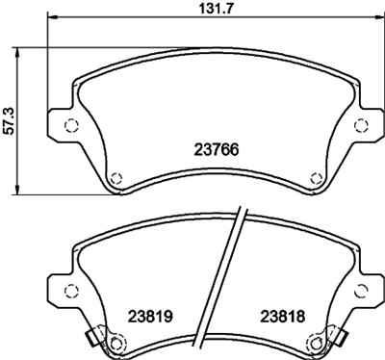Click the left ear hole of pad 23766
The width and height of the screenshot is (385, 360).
coord(68,123)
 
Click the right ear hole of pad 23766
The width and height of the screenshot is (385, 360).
coord(360,123)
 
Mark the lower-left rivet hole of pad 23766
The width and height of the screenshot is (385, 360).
coord(115,176)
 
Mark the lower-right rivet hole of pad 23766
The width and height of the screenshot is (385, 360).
coord(315,176)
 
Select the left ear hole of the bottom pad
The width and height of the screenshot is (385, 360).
coord(68,289)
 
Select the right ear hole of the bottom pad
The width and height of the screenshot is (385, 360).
coord(360,289)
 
